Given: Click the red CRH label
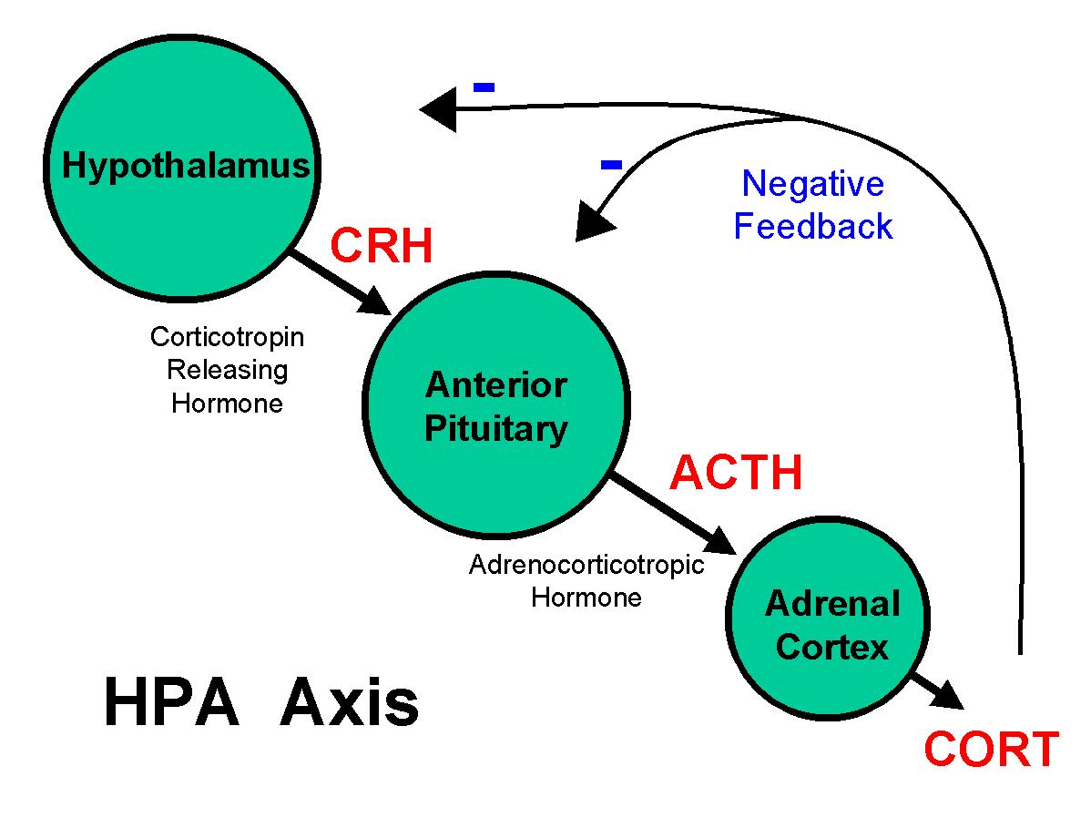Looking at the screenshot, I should coord(382,246).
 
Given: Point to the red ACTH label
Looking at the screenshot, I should coord(736,473).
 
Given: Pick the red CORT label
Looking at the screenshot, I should coord(991,750).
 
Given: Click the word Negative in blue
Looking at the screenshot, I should coord(812,184).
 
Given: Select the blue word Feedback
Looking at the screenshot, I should coord(812,227).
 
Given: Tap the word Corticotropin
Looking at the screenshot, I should coord(227,337).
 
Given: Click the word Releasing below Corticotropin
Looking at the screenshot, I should coord(227,370).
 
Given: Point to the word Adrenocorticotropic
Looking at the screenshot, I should coord(586,565).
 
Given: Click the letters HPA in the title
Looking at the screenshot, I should coord(171,703).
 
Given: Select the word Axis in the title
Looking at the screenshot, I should coord(349,703).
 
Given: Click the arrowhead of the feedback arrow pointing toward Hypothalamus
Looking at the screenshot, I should coord(437,110).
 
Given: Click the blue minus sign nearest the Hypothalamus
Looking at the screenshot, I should coord(484,87).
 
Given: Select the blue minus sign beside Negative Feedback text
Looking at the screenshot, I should coord(611,165).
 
